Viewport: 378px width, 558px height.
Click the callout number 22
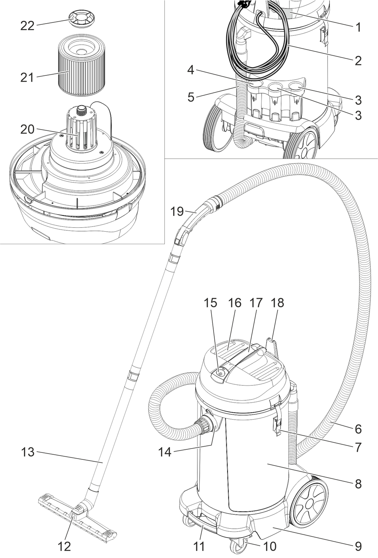(x=27, y=26)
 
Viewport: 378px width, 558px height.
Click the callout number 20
(x=27, y=129)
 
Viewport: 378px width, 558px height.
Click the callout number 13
(x=27, y=452)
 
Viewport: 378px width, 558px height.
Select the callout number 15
(x=211, y=303)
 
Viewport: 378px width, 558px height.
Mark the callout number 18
(x=277, y=303)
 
